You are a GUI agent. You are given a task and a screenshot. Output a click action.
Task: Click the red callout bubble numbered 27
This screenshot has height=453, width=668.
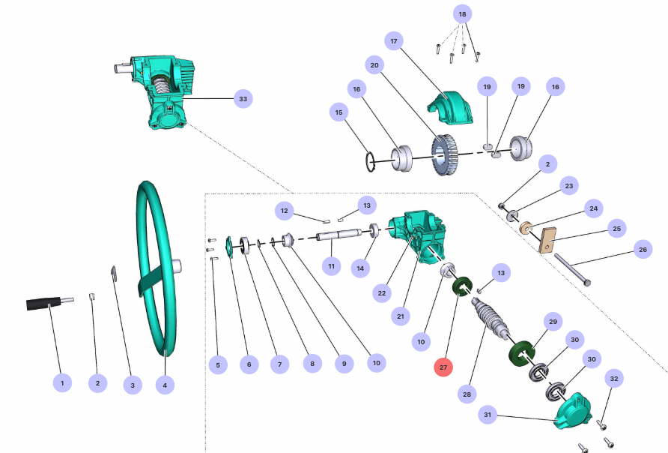[443, 367]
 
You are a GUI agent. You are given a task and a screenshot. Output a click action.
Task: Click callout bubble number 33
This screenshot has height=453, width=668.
[242, 98]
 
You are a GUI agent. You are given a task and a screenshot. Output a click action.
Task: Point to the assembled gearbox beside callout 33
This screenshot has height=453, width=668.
[161, 86]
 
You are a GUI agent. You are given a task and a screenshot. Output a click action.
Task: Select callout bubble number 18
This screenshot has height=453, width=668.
[461, 14]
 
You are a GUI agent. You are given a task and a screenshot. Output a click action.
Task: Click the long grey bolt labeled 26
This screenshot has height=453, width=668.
[574, 269]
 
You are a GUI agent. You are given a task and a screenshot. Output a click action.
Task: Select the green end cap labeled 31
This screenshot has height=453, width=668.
[574, 412]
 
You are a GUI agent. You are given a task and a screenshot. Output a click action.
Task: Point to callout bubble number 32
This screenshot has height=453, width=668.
[613, 379]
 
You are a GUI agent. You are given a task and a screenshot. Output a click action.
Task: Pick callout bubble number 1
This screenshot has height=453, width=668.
[62, 382]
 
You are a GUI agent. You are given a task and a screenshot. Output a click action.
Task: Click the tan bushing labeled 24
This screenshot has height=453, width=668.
[527, 226]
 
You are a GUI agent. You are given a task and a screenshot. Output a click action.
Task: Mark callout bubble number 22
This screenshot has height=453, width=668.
[382, 292]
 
